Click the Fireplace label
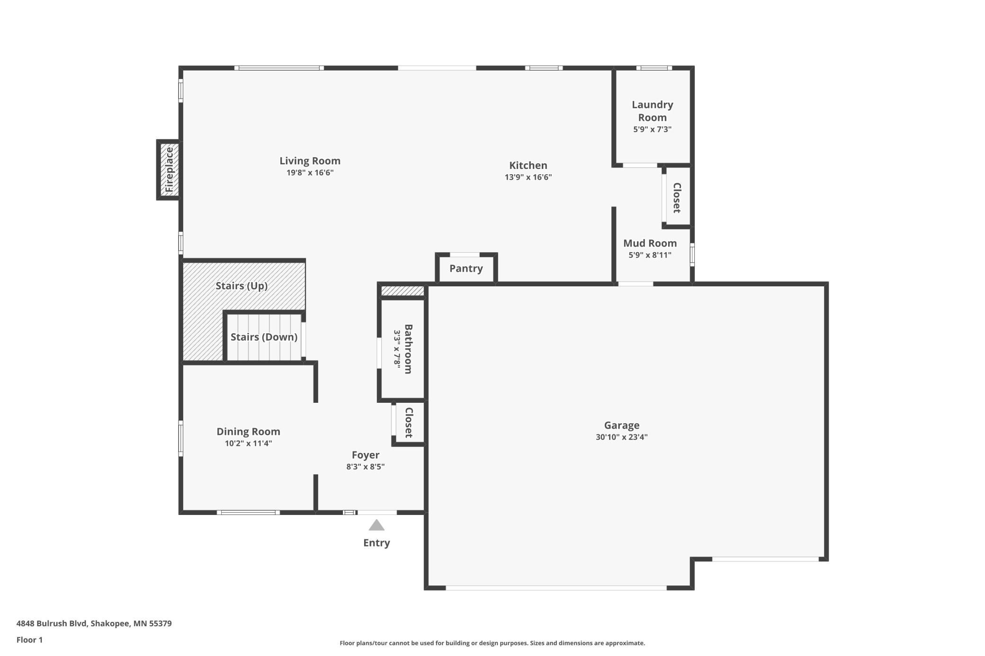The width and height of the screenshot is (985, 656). [169, 169]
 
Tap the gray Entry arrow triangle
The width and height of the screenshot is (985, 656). [376, 525]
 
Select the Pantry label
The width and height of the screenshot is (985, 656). [466, 268]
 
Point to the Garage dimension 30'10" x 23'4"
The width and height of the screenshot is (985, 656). [621, 437]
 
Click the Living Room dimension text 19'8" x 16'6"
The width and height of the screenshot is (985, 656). [310, 172]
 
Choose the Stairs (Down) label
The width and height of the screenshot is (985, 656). [264, 337]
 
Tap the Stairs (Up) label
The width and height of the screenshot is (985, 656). [242, 286]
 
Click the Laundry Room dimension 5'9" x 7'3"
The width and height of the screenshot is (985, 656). [652, 129]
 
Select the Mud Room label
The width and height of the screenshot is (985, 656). [650, 243]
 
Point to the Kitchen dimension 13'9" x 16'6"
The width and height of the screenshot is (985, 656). [528, 177]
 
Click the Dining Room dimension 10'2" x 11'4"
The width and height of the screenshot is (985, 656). [248, 443]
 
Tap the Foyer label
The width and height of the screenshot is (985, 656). [365, 455]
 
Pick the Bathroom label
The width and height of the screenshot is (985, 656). [408, 349]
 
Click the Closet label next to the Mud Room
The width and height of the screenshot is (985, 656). [677, 197]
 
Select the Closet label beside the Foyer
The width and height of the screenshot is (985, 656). [409, 422]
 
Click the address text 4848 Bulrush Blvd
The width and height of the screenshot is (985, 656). [52, 623]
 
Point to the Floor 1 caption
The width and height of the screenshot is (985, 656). [29, 640]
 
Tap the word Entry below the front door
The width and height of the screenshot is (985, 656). [376, 543]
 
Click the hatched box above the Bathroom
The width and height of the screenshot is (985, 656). [403, 291]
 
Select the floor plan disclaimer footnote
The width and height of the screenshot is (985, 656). [492, 643]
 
